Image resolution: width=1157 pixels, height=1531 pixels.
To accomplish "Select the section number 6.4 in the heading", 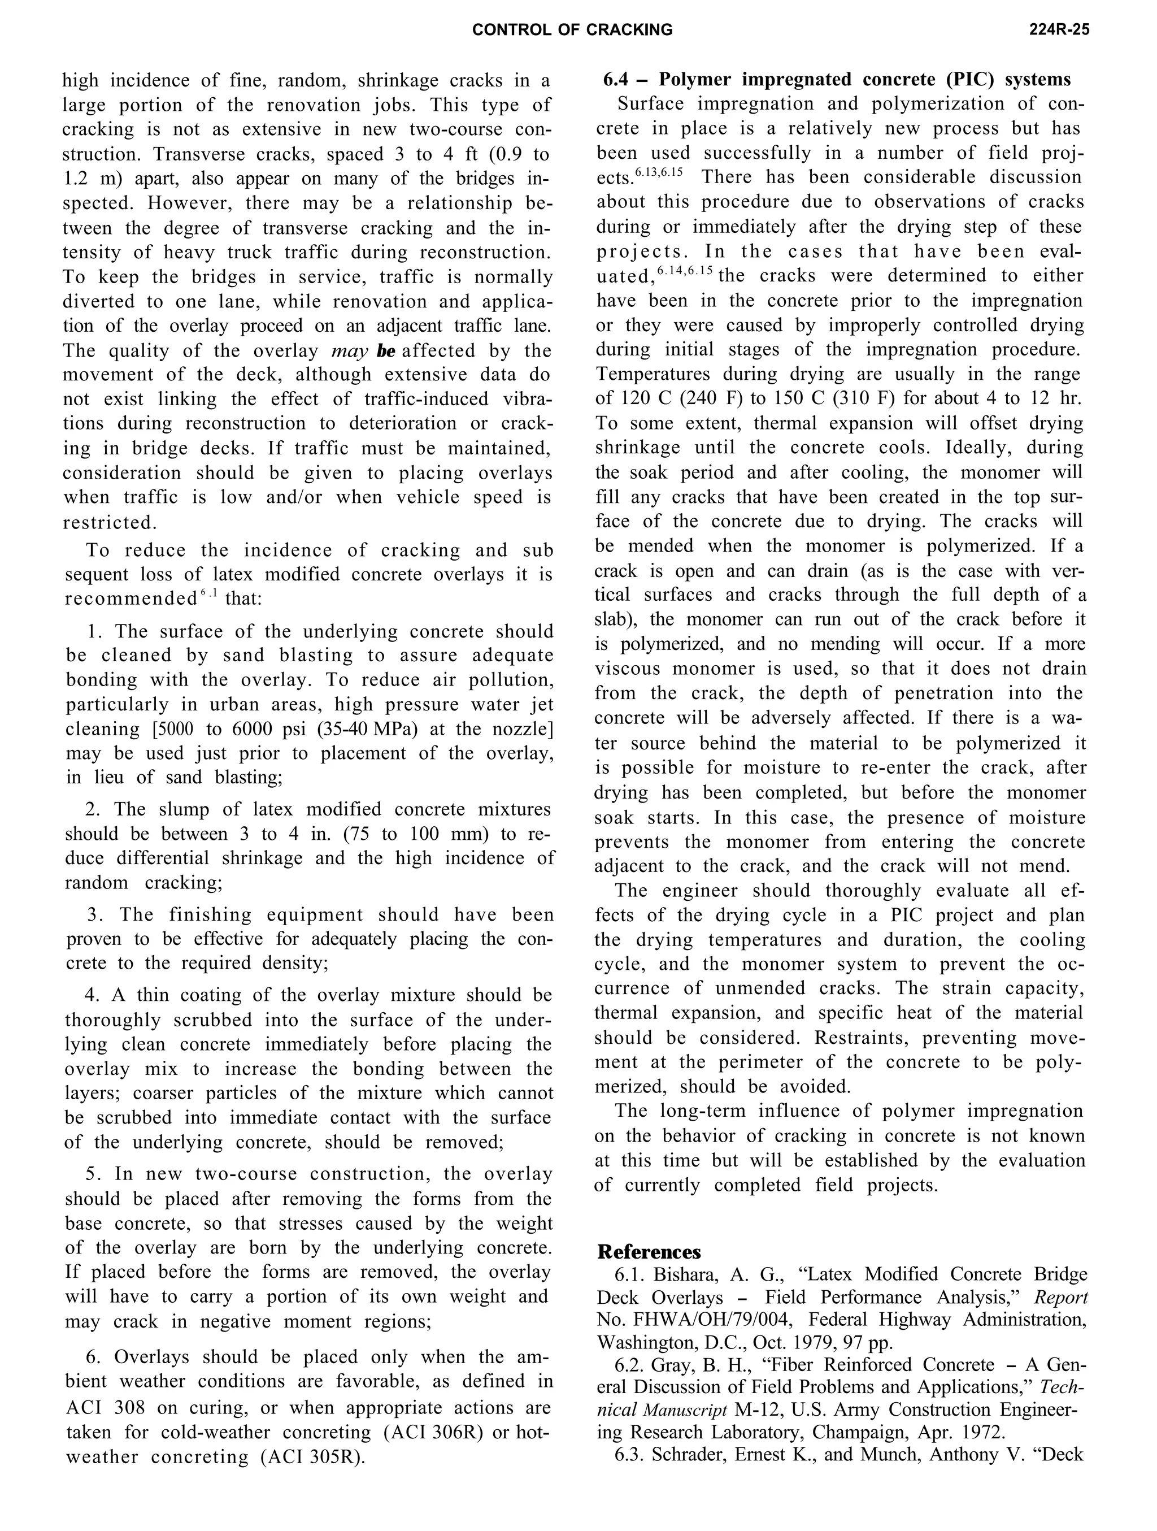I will point(617,80).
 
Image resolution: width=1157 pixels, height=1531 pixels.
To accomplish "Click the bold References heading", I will point(649,1251).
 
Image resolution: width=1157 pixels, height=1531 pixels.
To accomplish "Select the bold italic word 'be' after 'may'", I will point(386,351).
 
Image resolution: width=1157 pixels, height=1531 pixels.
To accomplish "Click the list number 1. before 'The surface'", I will point(95,631).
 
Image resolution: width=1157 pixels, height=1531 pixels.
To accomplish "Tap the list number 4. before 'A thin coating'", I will point(93,995).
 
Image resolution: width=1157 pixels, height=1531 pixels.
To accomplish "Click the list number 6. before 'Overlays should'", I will point(95,1356).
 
